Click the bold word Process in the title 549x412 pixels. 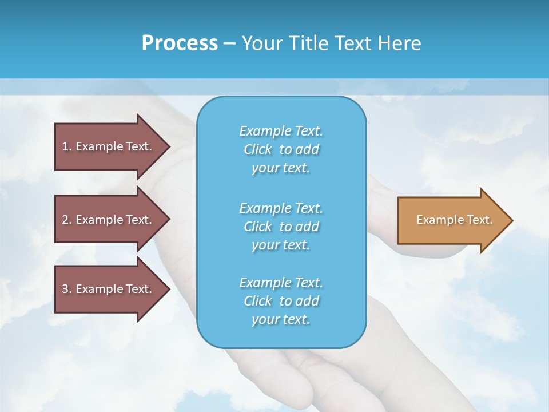180,43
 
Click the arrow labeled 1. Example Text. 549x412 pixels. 109,146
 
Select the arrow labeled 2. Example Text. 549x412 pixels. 109,220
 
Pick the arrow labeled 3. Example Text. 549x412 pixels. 109,289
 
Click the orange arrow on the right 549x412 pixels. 452,220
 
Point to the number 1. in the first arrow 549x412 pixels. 67,146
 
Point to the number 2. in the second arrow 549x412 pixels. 67,220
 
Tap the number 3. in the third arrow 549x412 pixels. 67,289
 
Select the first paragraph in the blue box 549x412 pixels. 281,149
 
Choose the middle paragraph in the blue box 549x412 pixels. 281,227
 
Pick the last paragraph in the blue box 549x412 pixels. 281,301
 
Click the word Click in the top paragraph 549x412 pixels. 258,149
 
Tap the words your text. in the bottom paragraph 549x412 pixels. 281,319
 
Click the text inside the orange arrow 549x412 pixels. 454,220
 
